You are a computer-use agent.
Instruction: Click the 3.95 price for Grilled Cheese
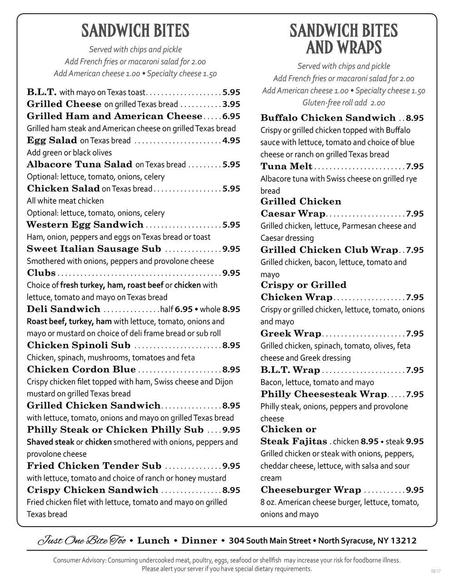coord(231,104)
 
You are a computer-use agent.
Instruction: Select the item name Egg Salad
coord(52,141)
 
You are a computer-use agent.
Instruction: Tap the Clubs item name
coord(41,273)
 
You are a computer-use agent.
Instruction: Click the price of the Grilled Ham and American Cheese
coord(231,117)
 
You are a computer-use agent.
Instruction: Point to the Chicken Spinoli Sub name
coord(79,346)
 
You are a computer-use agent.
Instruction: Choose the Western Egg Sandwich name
coord(85,225)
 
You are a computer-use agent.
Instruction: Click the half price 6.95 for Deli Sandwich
coord(184,309)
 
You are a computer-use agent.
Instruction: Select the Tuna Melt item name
coord(286,166)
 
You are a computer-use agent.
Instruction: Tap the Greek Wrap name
coord(291,334)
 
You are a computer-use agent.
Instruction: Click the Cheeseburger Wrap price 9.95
coord(415,490)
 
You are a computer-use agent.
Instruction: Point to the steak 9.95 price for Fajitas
coord(415,441)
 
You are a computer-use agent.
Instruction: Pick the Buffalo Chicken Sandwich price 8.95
coord(415,118)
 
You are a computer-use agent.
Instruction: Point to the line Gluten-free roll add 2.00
coord(344,103)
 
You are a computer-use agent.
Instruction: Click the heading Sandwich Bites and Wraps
coord(344,39)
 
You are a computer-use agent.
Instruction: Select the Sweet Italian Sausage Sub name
coord(94,249)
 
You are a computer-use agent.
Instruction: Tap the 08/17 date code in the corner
coord(435,571)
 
